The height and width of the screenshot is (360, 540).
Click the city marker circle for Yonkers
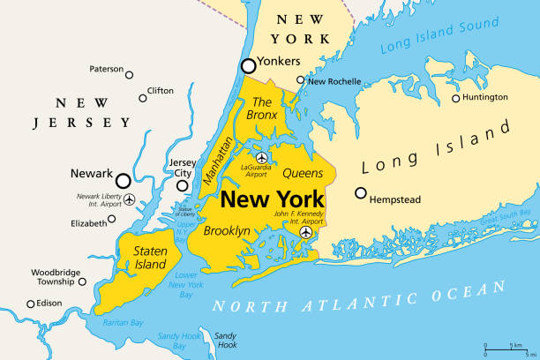250,64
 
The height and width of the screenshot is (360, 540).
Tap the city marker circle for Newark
123,180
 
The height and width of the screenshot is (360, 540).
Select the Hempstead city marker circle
360,193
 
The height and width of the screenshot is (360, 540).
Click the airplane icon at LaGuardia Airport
261,159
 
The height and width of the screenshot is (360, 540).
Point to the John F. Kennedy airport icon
305,232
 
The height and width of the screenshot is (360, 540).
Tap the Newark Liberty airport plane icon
131,199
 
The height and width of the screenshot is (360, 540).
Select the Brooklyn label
227,231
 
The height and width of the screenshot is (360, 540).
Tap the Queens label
303,173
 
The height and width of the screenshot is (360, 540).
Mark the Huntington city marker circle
456,98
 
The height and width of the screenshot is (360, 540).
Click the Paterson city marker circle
129,75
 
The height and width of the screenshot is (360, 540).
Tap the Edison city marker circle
31,304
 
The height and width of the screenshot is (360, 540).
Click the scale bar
506,349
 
